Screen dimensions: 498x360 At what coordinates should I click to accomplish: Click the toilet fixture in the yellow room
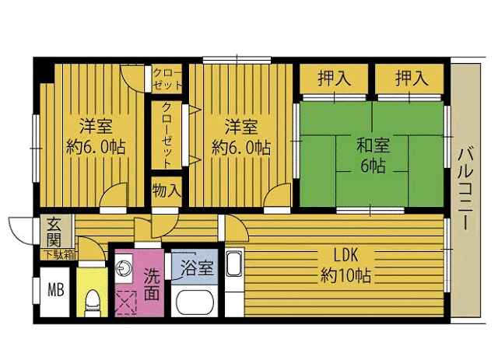coord(93,302)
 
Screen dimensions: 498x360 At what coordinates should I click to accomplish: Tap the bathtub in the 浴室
coord(195,303)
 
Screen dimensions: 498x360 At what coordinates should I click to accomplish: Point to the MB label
coord(56,289)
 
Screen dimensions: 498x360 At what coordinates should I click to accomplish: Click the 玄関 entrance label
coord(54,232)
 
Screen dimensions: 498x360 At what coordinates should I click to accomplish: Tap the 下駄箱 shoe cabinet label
coord(59,254)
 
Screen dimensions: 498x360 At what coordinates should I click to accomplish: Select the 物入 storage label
coord(167,191)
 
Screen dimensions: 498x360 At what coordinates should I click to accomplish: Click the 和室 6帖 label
coord(373,156)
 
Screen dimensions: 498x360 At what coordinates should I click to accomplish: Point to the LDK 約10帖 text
coord(345,265)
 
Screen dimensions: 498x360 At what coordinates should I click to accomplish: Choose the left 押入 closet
coord(334,79)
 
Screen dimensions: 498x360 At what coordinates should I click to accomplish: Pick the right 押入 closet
coord(410,79)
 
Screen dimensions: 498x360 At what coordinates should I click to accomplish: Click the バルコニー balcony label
coord(465,189)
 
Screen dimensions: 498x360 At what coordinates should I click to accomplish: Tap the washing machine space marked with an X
coord(126,302)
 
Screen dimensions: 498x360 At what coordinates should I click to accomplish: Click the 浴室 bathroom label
coord(197,268)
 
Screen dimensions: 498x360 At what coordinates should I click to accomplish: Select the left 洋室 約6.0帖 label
coord(96,137)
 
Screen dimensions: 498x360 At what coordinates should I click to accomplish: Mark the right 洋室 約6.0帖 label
coord(241,137)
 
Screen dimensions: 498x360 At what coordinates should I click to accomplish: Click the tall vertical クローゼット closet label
coord(167,135)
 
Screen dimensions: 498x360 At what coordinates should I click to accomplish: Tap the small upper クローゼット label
coord(167,79)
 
